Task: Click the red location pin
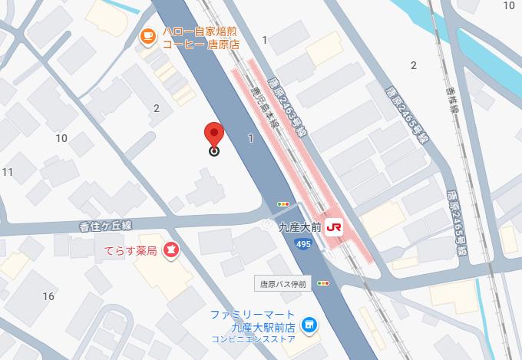tap(214, 134)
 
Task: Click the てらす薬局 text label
tap(130, 250)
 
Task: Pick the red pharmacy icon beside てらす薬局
tap(170, 250)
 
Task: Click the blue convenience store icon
tap(309, 326)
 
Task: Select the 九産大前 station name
tap(299, 226)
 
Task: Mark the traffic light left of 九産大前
tap(284, 204)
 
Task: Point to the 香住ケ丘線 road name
tap(107, 226)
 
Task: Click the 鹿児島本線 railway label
tap(266, 112)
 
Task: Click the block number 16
tap(48, 296)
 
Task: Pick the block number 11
tap(8, 171)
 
